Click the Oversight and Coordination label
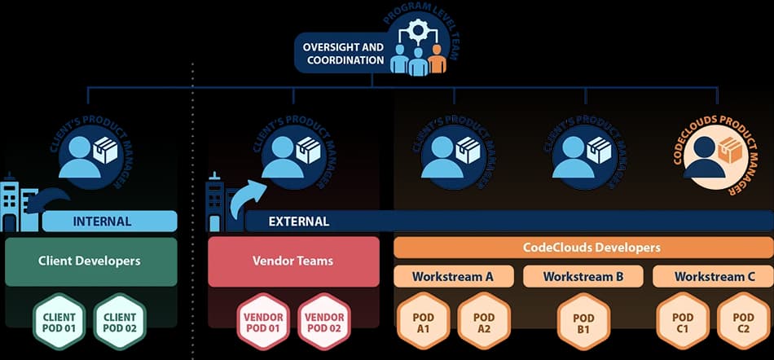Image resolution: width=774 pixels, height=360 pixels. click(x=343, y=53)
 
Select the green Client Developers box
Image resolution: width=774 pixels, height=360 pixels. click(x=90, y=261)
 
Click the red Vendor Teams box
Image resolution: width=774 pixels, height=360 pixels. click(x=293, y=261)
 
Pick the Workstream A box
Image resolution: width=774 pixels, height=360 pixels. click(x=453, y=276)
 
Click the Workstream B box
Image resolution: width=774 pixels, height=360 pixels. click(x=583, y=276)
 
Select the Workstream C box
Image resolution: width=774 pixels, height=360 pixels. click(x=715, y=276)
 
